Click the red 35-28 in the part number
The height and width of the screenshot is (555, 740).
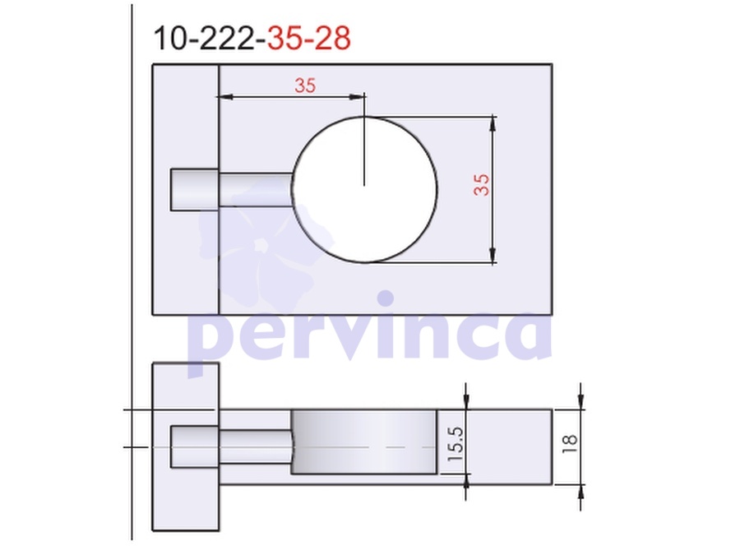coord(308,38)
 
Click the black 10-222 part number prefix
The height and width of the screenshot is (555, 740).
coord(205,38)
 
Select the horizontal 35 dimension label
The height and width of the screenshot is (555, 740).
coord(305,86)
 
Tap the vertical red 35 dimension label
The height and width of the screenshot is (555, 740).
coord(481,184)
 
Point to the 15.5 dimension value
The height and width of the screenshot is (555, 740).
coord(456,444)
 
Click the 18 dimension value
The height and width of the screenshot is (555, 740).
coord(570,444)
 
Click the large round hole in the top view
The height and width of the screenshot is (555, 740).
coord(364,189)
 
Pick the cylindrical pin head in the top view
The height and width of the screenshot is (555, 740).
coord(194,189)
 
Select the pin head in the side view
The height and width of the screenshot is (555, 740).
coord(194,446)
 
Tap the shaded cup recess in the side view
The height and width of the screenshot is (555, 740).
coord(364,442)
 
